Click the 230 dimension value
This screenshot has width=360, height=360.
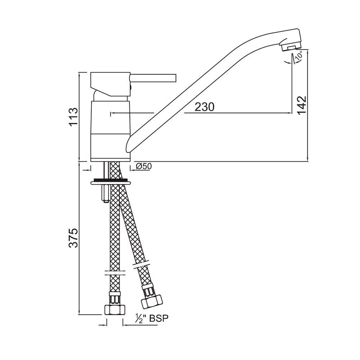pos(204,107)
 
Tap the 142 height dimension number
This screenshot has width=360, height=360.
pos(301,105)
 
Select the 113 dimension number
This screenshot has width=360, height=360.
pos(73,116)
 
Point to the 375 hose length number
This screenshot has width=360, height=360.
pos(73,238)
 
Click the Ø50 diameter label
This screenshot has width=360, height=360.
pos(144,166)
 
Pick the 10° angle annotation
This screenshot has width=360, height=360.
pos(298,56)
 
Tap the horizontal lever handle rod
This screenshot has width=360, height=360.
pos(153,78)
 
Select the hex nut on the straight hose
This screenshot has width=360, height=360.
pos(115,310)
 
